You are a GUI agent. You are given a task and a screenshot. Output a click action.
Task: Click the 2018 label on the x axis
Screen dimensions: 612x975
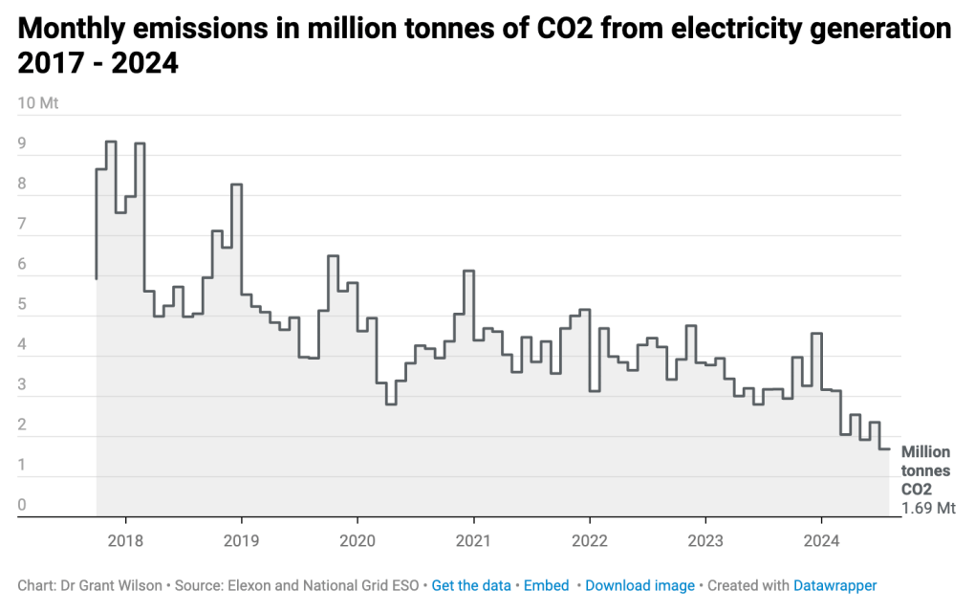pos(125,540)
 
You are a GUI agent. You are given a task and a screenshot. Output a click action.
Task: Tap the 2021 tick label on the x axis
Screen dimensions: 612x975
pos(473,540)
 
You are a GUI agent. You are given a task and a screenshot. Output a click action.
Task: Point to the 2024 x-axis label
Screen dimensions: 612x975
pos(821,540)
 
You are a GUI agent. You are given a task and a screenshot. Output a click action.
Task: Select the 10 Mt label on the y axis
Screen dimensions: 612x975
pos(38,103)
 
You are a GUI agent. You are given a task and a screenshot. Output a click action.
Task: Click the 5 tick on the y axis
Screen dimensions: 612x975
pos(23,304)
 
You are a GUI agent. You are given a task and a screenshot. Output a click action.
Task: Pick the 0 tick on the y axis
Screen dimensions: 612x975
pos(23,505)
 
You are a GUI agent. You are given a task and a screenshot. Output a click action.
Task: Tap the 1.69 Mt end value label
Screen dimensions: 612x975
pos(928,508)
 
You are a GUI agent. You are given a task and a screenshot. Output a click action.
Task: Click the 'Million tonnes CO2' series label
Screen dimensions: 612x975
pos(926,470)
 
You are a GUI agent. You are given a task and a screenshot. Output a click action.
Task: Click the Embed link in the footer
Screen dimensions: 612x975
pos(547,585)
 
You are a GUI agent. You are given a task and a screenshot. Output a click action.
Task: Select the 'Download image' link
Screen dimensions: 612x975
pos(639,585)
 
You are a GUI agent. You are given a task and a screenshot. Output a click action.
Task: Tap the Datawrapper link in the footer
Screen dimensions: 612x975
pos(834,585)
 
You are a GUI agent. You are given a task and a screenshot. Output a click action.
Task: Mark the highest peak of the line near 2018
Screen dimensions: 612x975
pos(111,142)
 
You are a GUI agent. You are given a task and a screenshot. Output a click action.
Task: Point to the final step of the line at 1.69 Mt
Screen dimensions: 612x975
pos(885,449)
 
